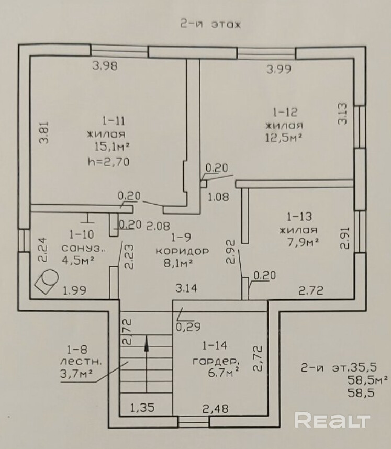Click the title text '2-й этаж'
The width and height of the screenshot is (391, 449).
[x=209, y=25]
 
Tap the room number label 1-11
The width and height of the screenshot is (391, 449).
[x=113, y=121]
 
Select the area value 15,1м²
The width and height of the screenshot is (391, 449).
[x=112, y=147]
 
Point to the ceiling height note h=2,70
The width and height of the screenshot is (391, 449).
[x=109, y=162]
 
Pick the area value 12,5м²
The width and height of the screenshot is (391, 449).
[x=285, y=138]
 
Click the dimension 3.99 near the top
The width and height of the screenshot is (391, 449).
[x=280, y=68]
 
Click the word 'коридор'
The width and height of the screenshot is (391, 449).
[x=182, y=251]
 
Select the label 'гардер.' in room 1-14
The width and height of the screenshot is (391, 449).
[x=215, y=361]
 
